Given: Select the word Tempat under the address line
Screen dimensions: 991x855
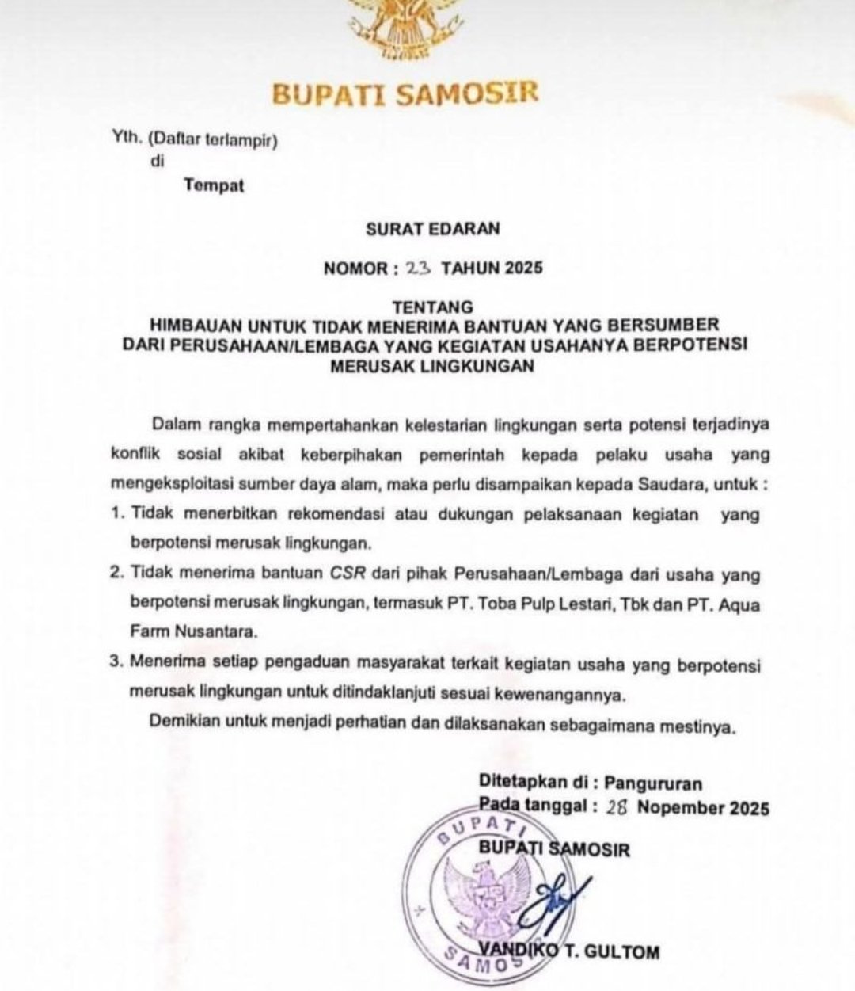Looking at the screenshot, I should pyautogui.click(x=214, y=186).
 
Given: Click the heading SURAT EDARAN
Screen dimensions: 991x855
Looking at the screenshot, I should pyautogui.click(x=432, y=229).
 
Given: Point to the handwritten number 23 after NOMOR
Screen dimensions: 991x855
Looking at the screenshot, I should pyautogui.click(x=416, y=268).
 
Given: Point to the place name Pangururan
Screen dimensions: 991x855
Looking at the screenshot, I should pyautogui.click(x=653, y=783).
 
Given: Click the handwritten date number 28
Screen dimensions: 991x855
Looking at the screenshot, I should pyautogui.click(x=617, y=807).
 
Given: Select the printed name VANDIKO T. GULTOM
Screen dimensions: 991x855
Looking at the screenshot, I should pyautogui.click(x=568, y=951).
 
